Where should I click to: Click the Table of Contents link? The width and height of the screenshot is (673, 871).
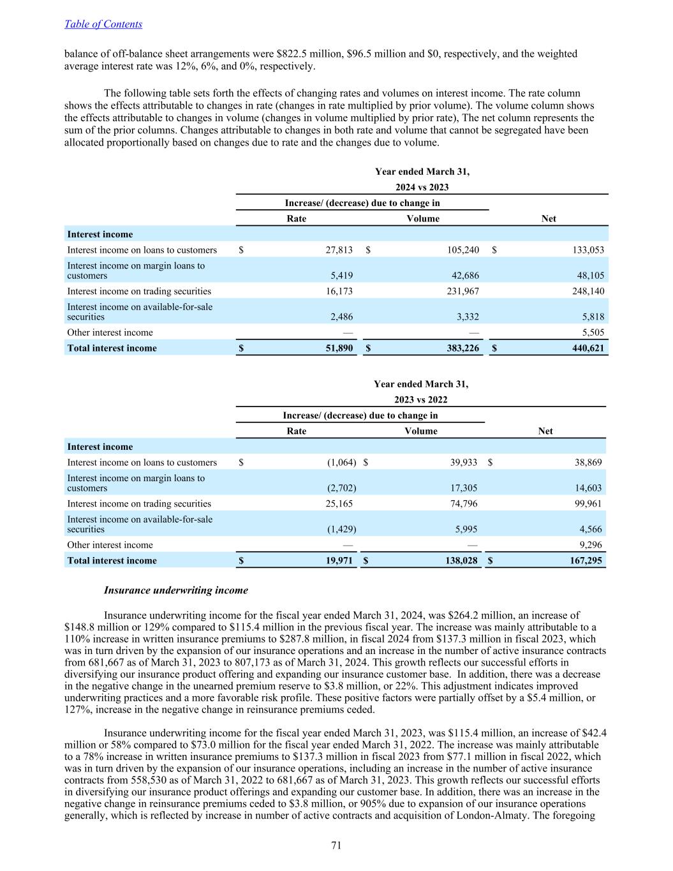pos(103,24)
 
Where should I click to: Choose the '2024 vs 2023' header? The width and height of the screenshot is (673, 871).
pos(422,187)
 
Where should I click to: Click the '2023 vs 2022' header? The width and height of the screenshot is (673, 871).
pos(420,399)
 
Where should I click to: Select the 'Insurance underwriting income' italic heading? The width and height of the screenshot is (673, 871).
pos(175,590)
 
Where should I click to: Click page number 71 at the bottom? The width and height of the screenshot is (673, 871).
pos(337,845)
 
